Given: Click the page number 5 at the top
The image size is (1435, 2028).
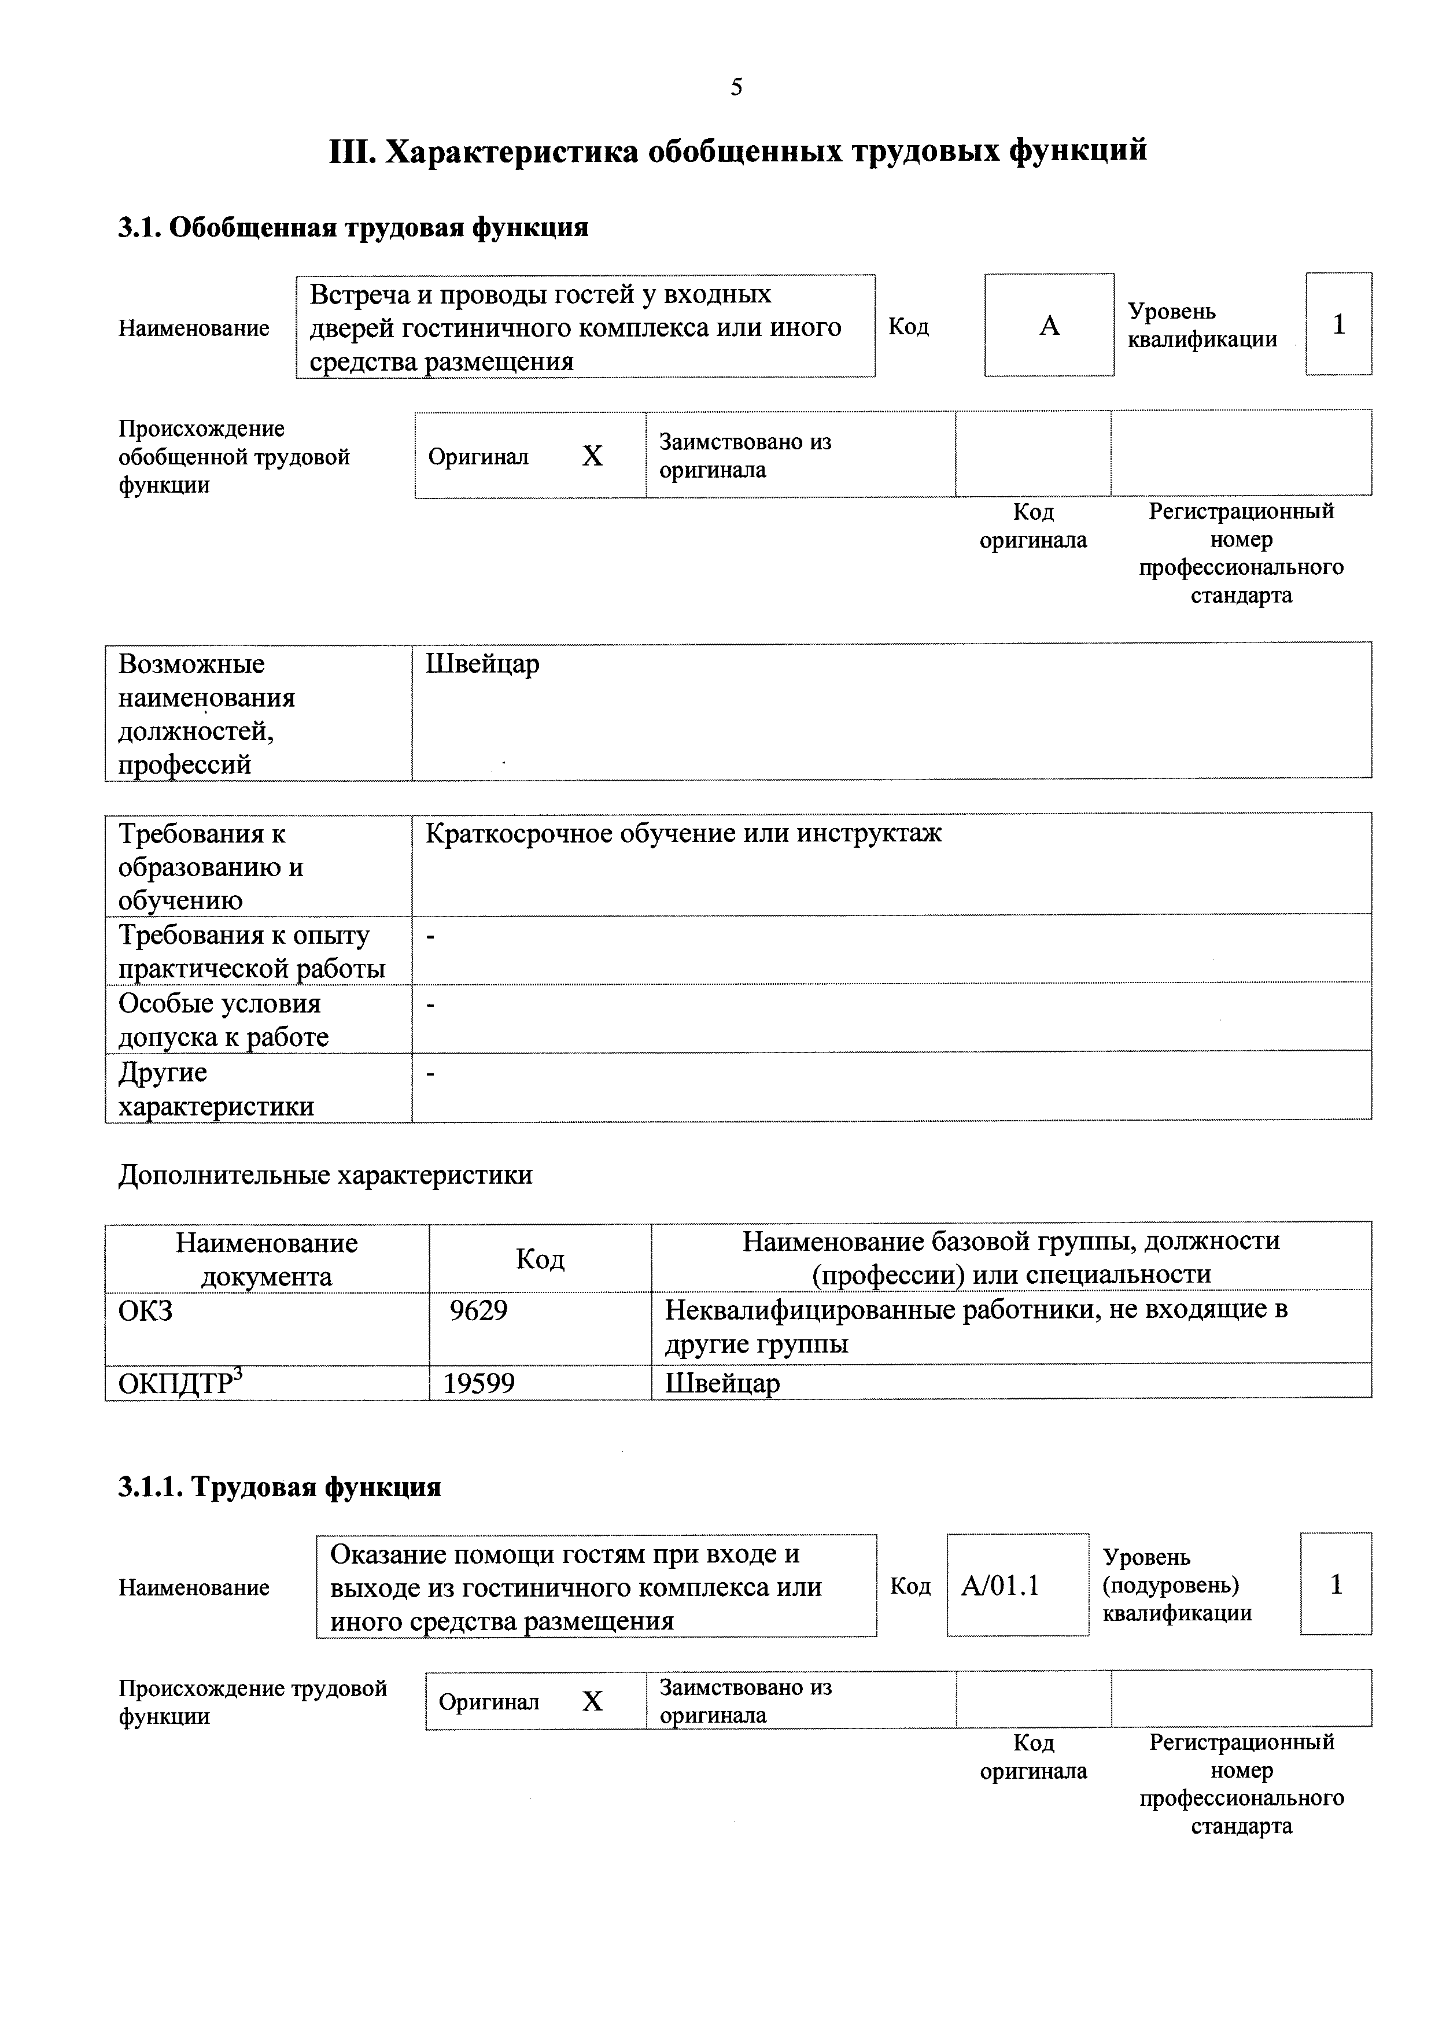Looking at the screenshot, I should click(x=736, y=87).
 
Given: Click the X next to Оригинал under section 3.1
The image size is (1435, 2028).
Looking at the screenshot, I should click(x=592, y=456).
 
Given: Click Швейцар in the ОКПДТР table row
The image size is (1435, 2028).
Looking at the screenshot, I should click(x=722, y=1382).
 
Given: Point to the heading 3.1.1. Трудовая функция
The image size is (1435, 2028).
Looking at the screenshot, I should click(x=279, y=1487).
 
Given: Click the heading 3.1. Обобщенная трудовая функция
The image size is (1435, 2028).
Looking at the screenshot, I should click(x=353, y=227).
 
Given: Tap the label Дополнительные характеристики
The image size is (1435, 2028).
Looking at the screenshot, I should click(x=325, y=1174).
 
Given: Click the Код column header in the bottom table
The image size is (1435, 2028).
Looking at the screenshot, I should click(x=540, y=1259).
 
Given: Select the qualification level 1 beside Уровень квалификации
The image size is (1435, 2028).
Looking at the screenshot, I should click(x=1338, y=324).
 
